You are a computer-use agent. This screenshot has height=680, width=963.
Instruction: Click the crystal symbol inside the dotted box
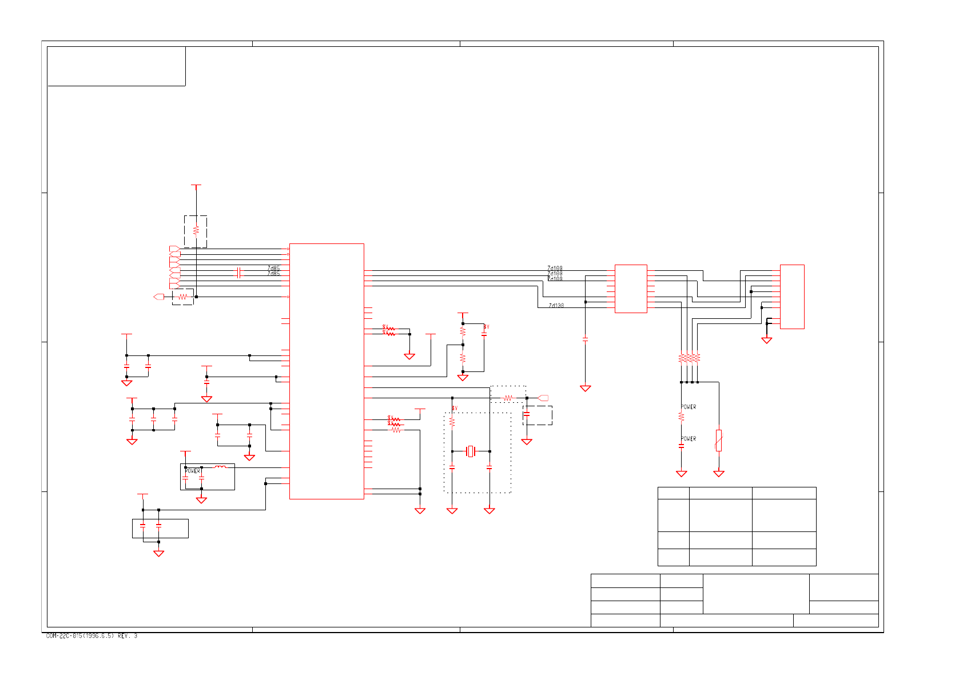(x=471, y=451)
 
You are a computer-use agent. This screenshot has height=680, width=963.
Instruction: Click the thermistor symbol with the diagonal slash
(x=719, y=441)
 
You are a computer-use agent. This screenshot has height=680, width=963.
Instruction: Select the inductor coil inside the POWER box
(x=220, y=467)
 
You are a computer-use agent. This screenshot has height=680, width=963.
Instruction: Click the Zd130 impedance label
(x=556, y=306)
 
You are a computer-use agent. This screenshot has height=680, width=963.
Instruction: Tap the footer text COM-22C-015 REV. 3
(x=91, y=636)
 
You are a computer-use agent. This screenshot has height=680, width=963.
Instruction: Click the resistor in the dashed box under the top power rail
(x=196, y=230)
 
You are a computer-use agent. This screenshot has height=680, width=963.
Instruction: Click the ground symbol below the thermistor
(x=719, y=474)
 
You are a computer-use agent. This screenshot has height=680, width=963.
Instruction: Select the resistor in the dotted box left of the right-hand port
(x=508, y=398)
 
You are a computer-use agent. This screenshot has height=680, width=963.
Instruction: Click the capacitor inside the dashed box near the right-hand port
(x=527, y=414)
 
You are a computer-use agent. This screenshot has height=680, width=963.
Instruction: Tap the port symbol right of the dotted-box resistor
(x=543, y=398)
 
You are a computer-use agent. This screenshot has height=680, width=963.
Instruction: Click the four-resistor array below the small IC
(x=689, y=358)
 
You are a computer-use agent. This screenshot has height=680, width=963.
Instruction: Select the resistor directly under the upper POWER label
(x=681, y=417)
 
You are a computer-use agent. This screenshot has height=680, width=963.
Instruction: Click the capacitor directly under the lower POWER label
(x=681, y=446)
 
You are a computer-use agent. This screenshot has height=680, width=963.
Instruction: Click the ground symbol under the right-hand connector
(x=767, y=341)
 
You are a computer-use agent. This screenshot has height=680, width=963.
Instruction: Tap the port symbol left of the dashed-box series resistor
(x=159, y=297)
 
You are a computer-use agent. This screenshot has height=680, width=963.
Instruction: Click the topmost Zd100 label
(x=555, y=268)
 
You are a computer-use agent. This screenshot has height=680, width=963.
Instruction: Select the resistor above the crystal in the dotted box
(x=452, y=422)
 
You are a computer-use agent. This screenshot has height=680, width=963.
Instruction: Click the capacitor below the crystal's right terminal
(x=489, y=467)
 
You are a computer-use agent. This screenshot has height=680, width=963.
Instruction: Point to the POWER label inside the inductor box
(x=193, y=471)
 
